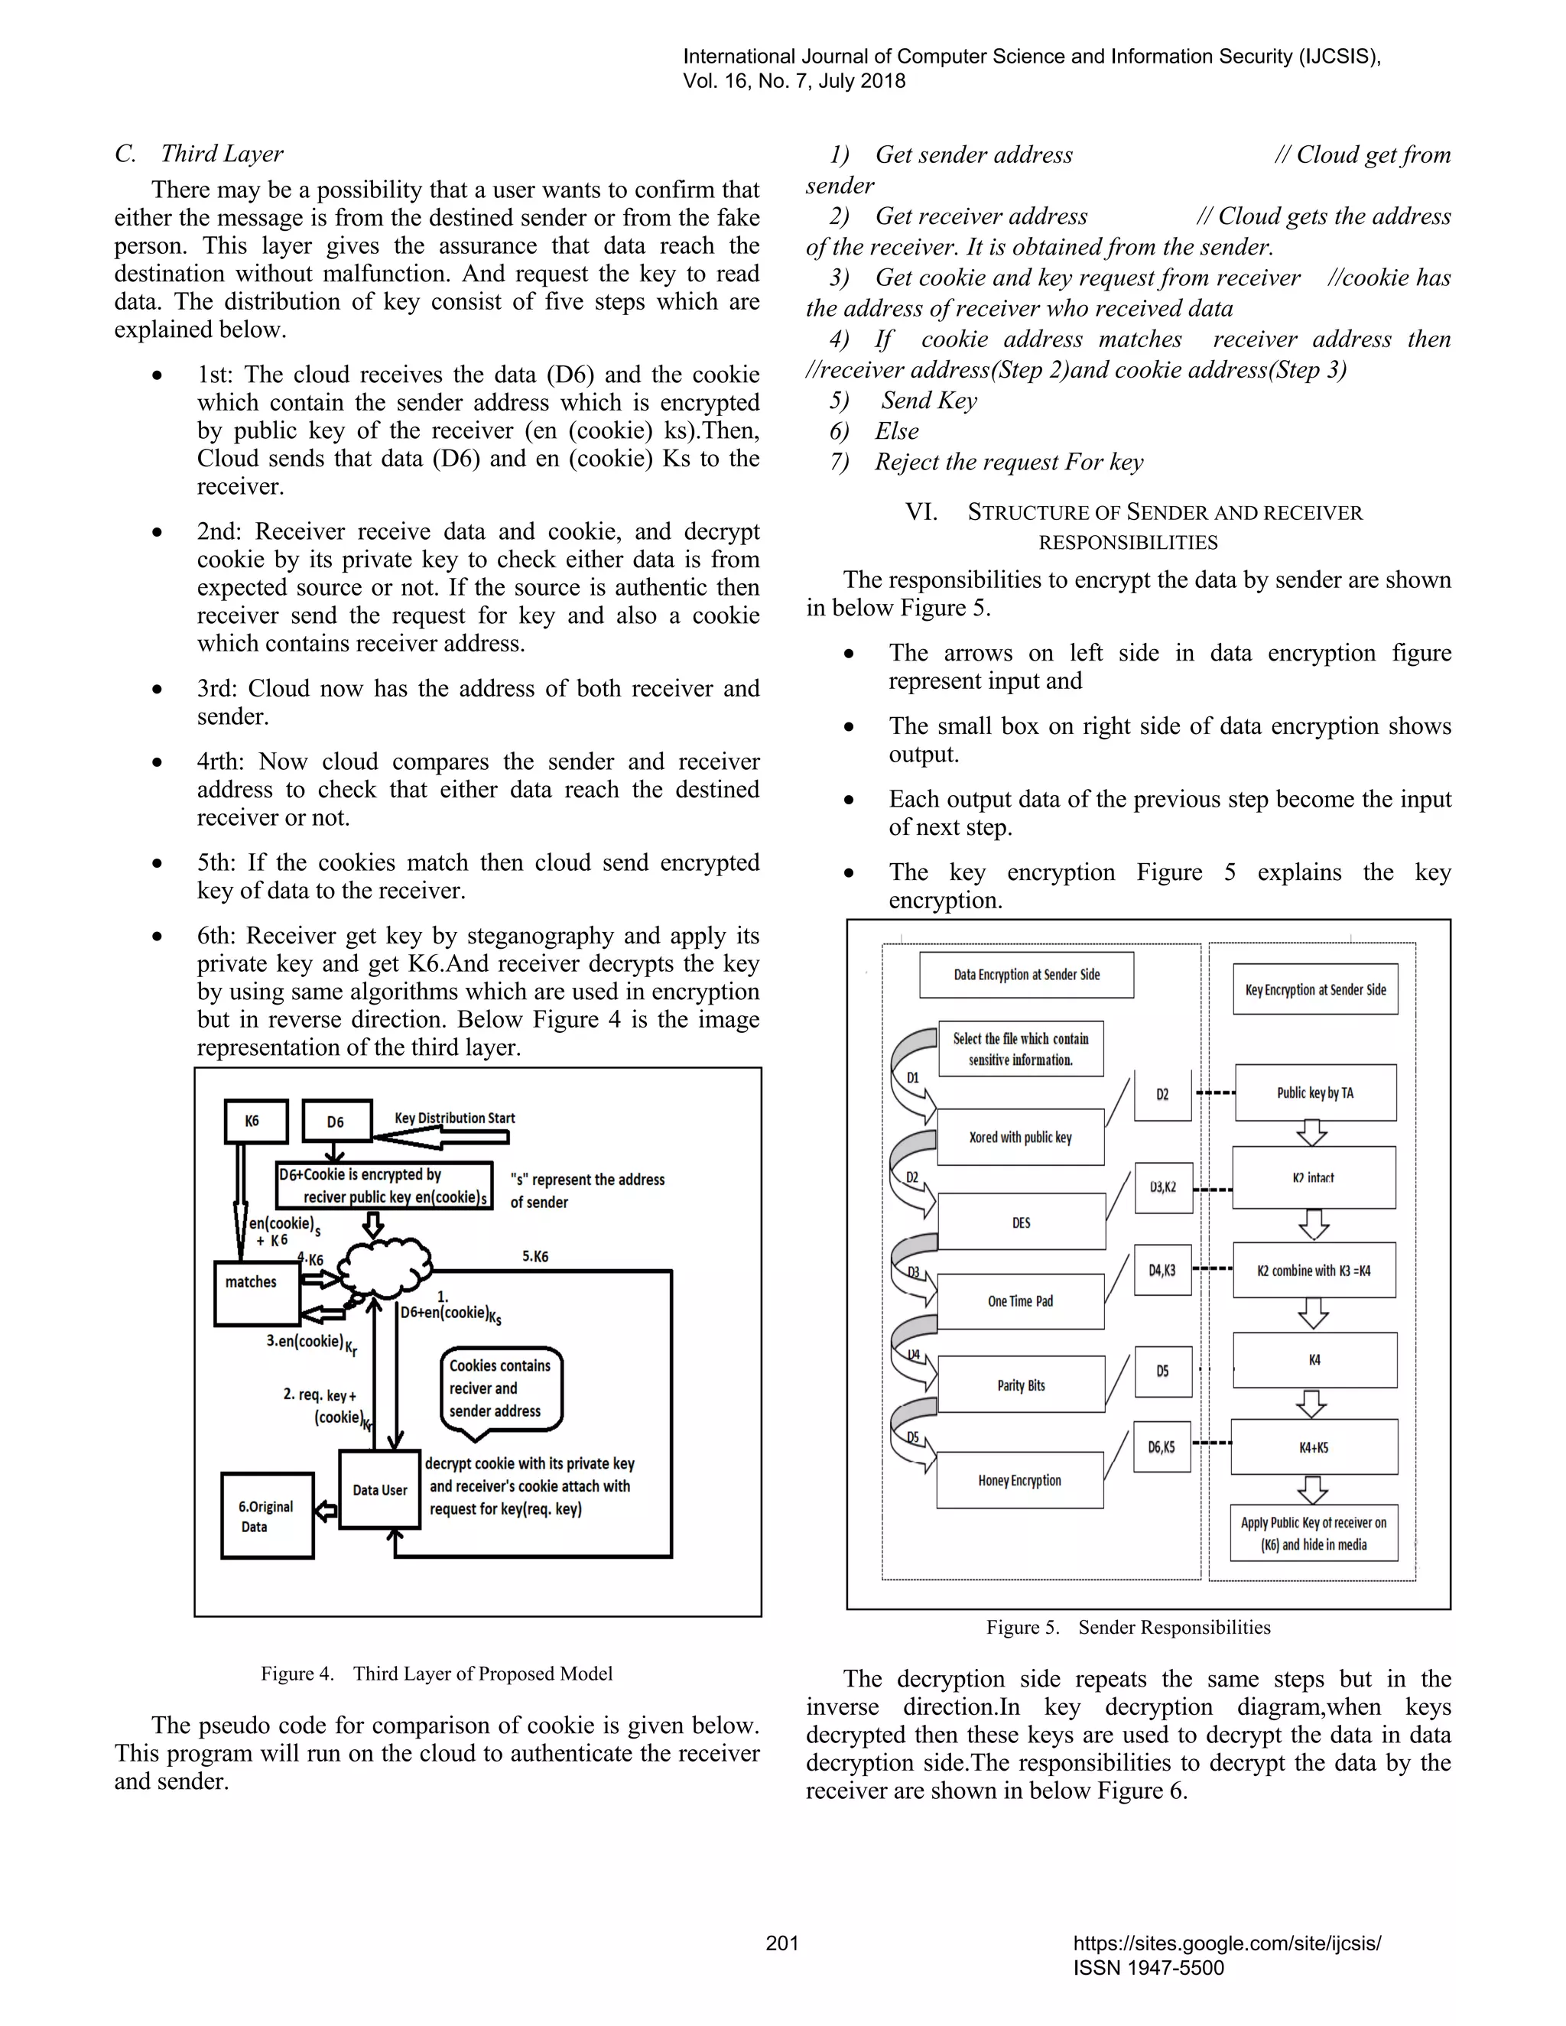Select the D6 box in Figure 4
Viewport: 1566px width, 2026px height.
pos(336,1122)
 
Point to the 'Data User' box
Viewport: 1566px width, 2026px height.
pos(379,1489)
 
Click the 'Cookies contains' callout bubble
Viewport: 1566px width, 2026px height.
pos(501,1388)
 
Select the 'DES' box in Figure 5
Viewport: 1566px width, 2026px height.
pos(1022,1222)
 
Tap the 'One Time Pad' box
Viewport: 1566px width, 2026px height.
pos(1021,1300)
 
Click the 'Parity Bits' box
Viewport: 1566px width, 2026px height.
pos(1021,1385)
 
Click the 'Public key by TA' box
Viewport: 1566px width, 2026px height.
pos(1314,1093)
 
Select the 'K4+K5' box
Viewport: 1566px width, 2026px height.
pos(1314,1447)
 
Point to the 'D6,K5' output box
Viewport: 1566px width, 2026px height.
pos(1162,1447)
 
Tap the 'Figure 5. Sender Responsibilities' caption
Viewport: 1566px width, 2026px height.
pos(1128,1627)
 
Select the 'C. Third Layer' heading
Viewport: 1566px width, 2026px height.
pos(200,154)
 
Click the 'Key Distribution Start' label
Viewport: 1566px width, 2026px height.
pos(455,1118)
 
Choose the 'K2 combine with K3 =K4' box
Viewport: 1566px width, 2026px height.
pos(1314,1270)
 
